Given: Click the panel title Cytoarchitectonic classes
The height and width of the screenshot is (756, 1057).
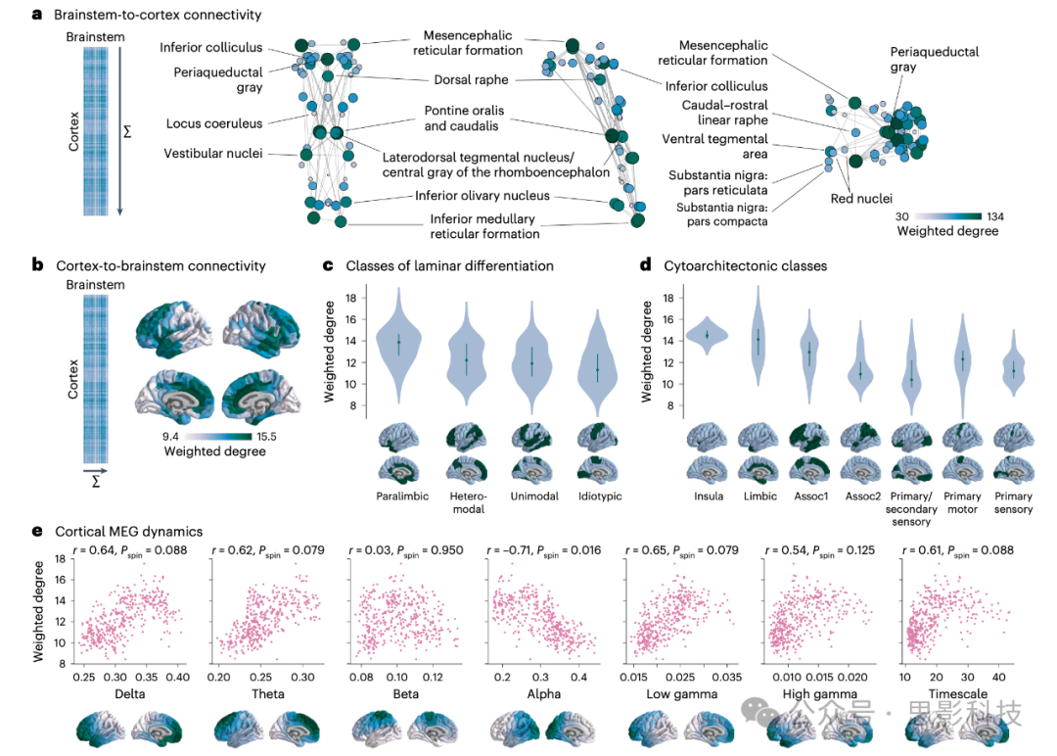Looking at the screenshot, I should (742, 265).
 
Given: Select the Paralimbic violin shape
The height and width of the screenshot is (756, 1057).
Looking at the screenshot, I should (398, 348).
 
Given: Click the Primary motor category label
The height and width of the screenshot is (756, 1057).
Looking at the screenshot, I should (962, 502).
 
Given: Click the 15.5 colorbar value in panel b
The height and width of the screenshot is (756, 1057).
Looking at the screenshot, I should (248, 436).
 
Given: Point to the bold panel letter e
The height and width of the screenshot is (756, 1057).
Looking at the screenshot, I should (36, 531).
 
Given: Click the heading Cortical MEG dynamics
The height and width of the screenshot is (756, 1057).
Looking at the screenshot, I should (129, 531).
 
